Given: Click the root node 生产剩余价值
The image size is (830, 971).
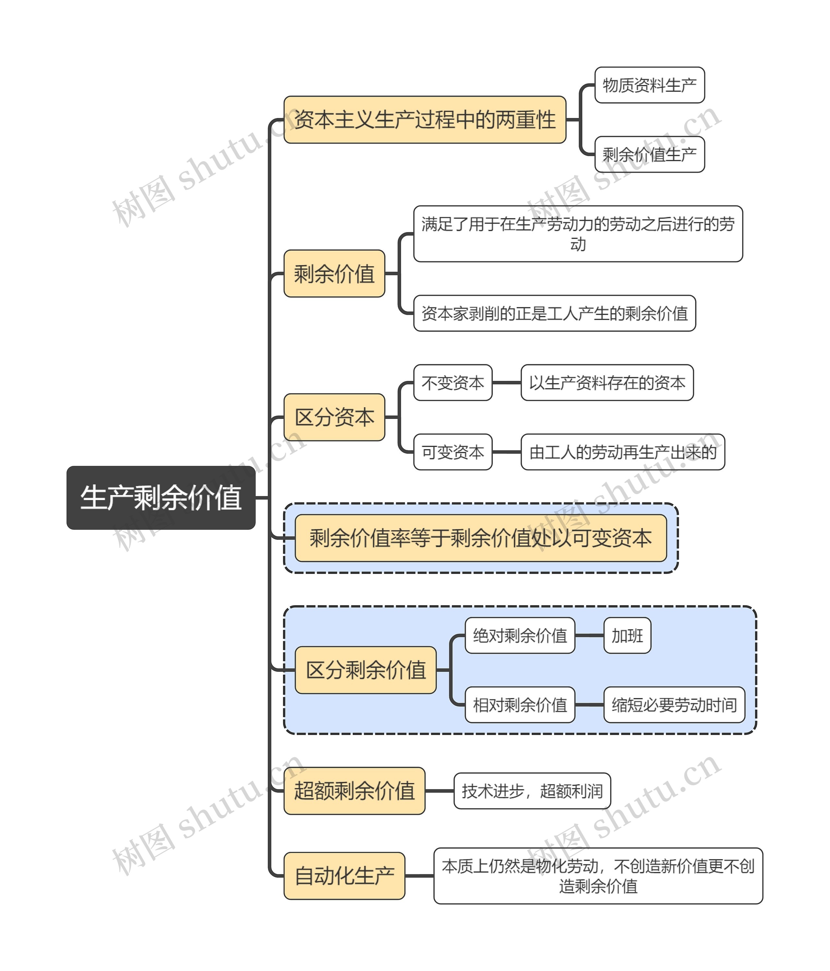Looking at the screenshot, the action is click(x=161, y=498).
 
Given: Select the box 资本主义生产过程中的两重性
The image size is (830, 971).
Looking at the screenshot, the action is click(x=425, y=120).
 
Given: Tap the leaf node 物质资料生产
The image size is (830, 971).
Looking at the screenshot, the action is click(x=649, y=85).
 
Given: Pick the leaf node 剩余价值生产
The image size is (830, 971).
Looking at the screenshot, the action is click(x=649, y=154).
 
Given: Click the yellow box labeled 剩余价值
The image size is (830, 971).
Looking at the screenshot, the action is click(x=334, y=273).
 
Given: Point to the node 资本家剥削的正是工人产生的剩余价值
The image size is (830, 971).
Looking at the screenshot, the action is click(x=554, y=313).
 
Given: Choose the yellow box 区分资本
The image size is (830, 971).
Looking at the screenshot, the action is click(x=334, y=417).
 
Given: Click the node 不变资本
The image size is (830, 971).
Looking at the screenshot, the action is click(x=453, y=382).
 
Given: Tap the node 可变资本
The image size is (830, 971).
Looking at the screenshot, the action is click(x=453, y=452).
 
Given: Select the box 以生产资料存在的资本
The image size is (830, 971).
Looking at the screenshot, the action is click(x=607, y=382).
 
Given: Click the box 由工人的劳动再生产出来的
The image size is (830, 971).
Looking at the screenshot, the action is click(x=623, y=452).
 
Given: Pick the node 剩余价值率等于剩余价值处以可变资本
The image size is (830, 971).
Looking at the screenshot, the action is click(x=481, y=538).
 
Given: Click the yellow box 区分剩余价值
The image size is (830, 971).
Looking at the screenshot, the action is click(x=365, y=670).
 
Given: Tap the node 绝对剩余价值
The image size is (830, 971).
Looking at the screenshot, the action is click(x=520, y=635).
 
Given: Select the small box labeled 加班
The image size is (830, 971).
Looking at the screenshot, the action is click(x=627, y=635).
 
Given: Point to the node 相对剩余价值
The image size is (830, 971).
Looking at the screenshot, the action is click(x=520, y=705).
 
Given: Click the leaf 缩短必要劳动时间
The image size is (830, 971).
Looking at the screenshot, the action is click(x=674, y=705).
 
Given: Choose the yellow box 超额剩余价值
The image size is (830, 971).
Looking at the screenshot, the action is click(x=354, y=790).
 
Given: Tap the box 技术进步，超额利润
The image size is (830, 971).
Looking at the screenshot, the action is click(x=532, y=790).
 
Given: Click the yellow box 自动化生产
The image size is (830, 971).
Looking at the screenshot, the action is click(x=344, y=876).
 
